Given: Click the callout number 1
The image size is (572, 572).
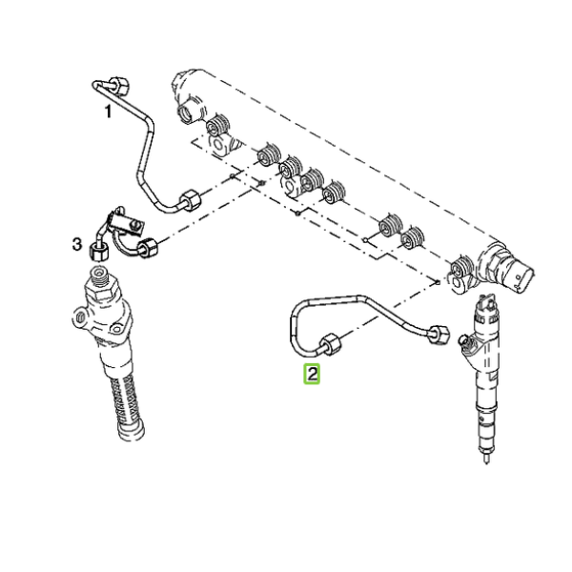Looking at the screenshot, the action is (x=108, y=112).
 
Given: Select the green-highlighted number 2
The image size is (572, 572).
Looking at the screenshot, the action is (x=312, y=374).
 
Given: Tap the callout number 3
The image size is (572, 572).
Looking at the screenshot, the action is (x=76, y=244).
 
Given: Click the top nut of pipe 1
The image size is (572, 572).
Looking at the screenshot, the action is (x=118, y=86).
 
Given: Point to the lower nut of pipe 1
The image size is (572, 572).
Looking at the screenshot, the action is (x=190, y=200).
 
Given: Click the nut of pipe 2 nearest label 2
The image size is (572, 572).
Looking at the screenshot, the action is (x=331, y=344).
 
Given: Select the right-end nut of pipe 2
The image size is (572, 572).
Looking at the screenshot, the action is (x=439, y=334).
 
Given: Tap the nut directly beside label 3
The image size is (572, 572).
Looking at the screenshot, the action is (x=98, y=252).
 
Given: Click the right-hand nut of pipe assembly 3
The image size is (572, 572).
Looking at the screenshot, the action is (x=147, y=247).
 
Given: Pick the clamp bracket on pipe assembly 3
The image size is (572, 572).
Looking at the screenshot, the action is (x=127, y=223).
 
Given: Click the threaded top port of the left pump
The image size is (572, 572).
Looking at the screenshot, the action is (x=98, y=276).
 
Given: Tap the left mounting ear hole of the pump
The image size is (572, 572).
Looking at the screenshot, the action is (x=79, y=317).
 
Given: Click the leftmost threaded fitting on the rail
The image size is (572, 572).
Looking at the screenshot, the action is (x=217, y=126).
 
